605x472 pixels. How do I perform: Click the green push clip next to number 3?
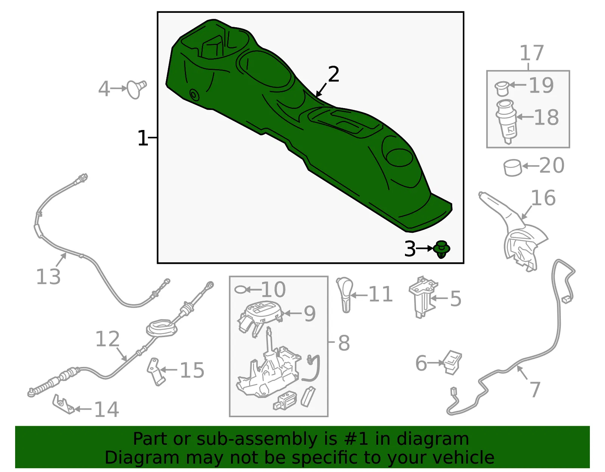pyautogui.click(x=441, y=249)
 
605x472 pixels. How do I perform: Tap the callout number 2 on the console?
pyautogui.click(x=334, y=74)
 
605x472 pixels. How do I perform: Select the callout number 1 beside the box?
pyautogui.click(x=142, y=138)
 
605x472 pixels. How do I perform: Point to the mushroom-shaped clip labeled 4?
pyautogui.click(x=137, y=90)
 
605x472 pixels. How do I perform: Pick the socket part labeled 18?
pyautogui.click(x=506, y=122)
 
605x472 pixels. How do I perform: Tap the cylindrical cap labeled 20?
pyautogui.click(x=513, y=168)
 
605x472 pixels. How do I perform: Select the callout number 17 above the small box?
pyautogui.click(x=532, y=53)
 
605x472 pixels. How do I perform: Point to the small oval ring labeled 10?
pyautogui.click(x=240, y=290)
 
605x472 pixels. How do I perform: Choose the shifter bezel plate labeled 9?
pyautogui.click(x=260, y=318)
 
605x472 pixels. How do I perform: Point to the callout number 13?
pyautogui.click(x=48, y=277)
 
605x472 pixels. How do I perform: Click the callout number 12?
pyautogui.click(x=107, y=339)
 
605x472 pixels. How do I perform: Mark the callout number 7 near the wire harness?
pyautogui.click(x=535, y=390)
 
